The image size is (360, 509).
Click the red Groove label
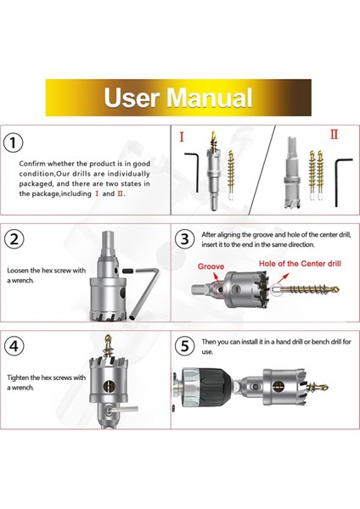[x=211, y=266]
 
